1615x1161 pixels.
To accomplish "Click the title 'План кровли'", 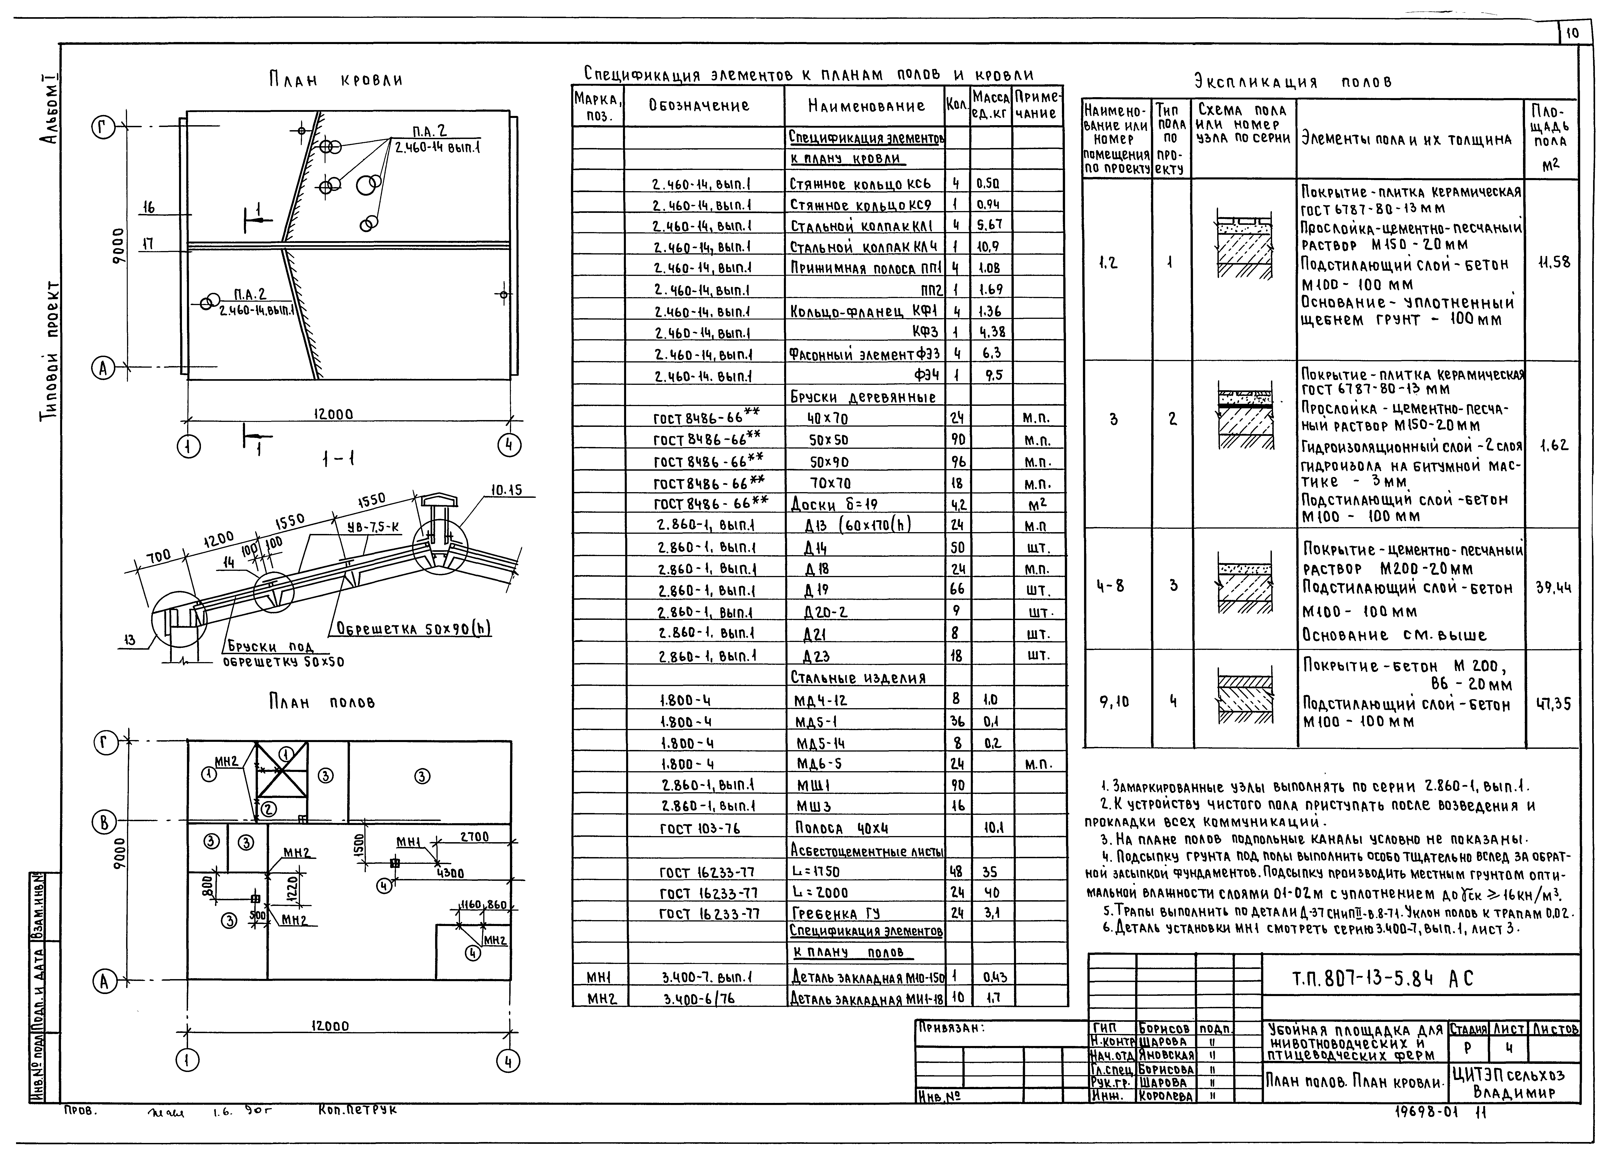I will click(x=335, y=79).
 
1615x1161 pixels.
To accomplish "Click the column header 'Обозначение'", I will click(x=698, y=106).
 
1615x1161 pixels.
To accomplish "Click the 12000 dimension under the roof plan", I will click(x=333, y=414).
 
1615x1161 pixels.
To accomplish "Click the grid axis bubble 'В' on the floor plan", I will click(x=103, y=823).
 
